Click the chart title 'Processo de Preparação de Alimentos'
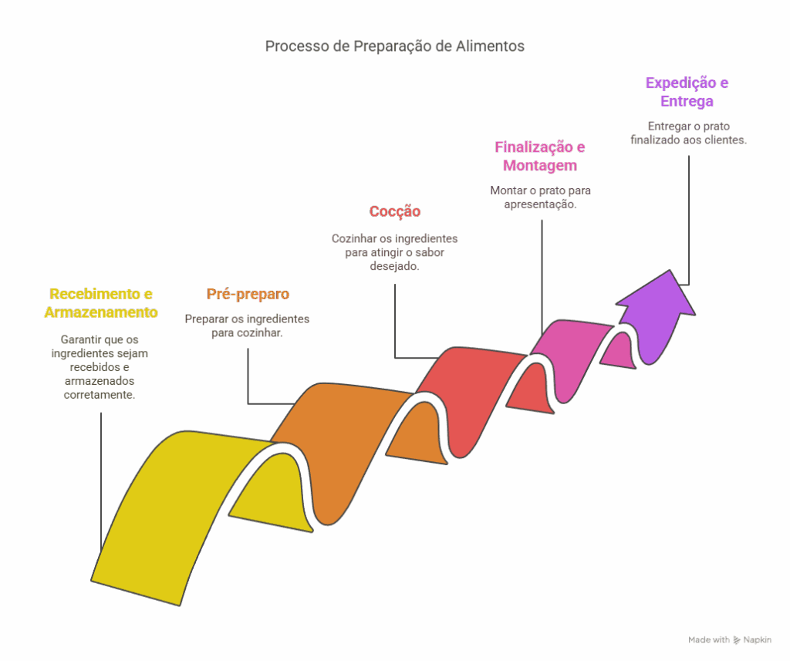(x=394, y=46)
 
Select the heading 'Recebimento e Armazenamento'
(x=101, y=303)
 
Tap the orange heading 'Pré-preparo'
(x=248, y=294)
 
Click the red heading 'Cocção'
(x=394, y=211)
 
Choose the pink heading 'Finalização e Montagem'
(x=539, y=156)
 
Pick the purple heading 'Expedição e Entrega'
(x=687, y=92)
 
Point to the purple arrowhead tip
(x=670, y=270)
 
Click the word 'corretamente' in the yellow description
(x=99, y=395)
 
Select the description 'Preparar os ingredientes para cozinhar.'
(x=247, y=326)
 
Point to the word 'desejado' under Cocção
(x=393, y=267)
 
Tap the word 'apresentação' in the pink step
(x=539, y=204)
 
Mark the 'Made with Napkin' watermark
(x=730, y=640)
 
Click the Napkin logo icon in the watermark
(x=737, y=640)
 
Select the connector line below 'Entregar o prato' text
(x=689, y=220)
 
